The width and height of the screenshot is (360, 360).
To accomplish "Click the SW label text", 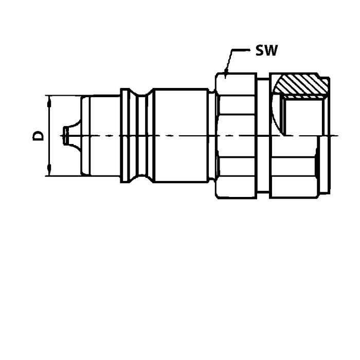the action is tap(266, 50).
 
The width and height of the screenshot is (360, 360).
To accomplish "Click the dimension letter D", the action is tap(38, 136).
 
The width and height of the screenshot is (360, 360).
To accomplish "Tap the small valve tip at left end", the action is tap(66, 136).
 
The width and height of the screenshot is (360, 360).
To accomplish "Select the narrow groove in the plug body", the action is tap(141, 135).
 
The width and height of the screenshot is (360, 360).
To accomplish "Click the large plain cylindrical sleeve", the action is tap(181, 135).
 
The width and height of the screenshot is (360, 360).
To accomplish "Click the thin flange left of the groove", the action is tap(125, 135).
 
